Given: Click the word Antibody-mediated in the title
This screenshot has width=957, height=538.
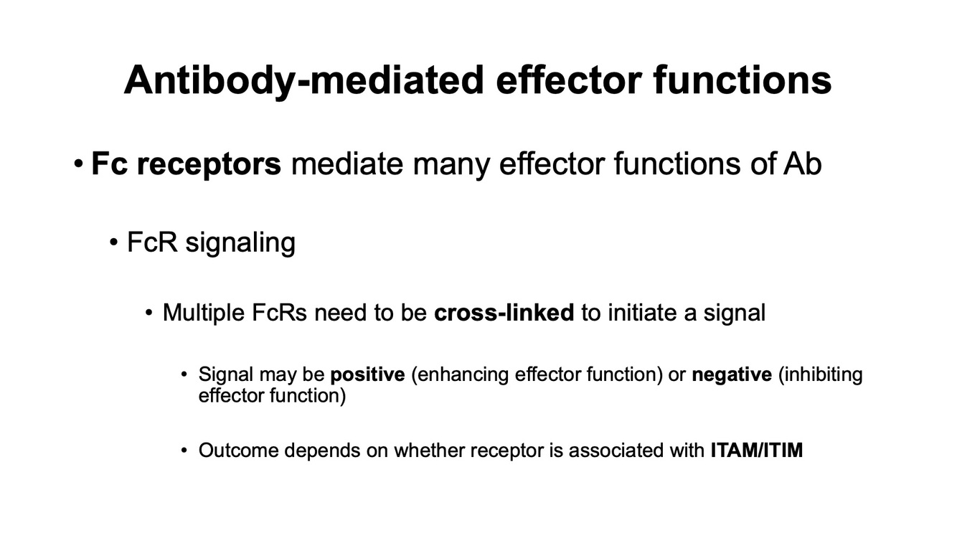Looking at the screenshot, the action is (x=303, y=80).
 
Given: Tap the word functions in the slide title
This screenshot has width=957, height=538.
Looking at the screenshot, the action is (x=742, y=80).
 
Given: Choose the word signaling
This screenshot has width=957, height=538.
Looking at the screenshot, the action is (x=240, y=242).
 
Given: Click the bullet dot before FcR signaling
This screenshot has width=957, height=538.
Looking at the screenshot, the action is (x=113, y=243).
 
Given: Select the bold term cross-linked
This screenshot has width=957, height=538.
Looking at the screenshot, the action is (x=504, y=313).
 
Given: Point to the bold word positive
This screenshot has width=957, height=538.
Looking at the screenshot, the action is (x=367, y=374).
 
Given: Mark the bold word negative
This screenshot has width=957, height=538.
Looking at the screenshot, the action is (x=732, y=374).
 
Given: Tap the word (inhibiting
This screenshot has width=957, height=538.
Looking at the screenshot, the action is (x=821, y=374).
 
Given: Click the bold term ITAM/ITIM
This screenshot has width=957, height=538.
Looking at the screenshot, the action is (x=757, y=450).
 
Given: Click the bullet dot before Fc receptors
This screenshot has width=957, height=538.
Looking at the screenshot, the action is (x=78, y=165).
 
